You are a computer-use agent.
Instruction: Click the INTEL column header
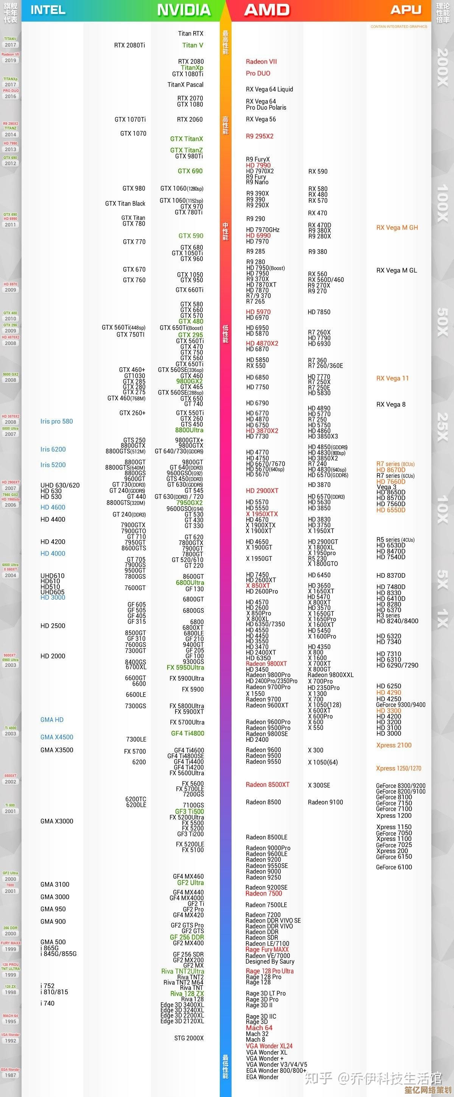pos(48,10)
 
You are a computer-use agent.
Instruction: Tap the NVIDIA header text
pos(184,10)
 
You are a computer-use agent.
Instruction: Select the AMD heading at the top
pos(267,10)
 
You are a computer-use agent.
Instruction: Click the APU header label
pos(406,10)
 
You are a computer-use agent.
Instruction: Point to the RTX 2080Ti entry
pos(129,45)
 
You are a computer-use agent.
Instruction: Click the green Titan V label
pos(192,45)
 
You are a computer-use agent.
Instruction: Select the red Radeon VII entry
pos(261,62)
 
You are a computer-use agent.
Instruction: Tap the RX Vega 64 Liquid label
pos(269,89)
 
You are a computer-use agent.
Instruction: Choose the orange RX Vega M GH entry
pos(397,228)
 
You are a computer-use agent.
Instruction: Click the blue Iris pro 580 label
pos(57,421)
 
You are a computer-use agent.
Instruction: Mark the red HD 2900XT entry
pos(262,491)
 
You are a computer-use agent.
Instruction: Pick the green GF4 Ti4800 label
pos(188,733)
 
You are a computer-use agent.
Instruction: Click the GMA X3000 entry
pos(57,821)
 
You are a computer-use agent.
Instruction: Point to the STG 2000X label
pos(189,1038)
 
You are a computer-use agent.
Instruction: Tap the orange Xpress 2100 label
pos(393,745)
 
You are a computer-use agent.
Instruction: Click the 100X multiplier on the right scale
pos(443,203)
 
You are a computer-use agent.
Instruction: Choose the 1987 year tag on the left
pos(11,1075)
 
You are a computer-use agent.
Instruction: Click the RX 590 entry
pos(318,172)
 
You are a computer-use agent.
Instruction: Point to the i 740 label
pos(48,1003)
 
